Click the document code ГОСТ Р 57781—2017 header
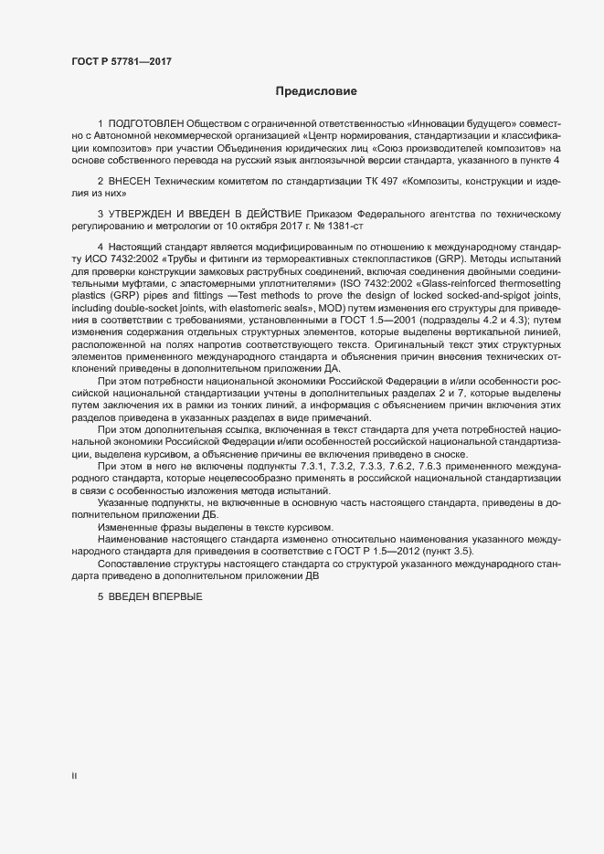(x=122, y=61)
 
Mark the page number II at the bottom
(x=74, y=775)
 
